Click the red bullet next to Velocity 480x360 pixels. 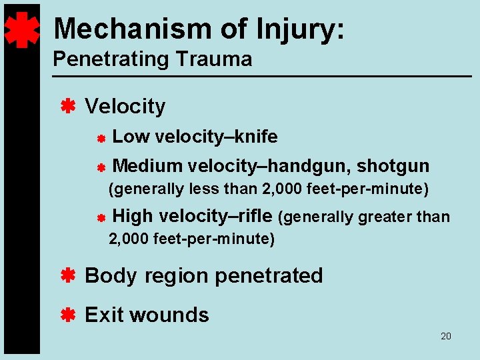point(67,105)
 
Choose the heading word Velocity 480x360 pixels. point(125,106)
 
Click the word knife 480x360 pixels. point(257,137)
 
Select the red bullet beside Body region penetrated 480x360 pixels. point(67,275)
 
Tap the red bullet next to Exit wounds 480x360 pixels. point(67,314)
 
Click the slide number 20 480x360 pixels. point(446,336)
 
